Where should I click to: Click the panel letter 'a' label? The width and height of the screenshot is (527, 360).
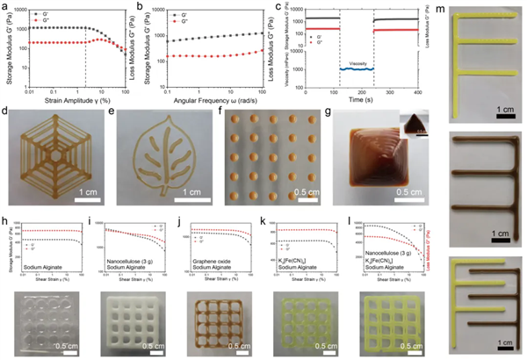tap(7, 6)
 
